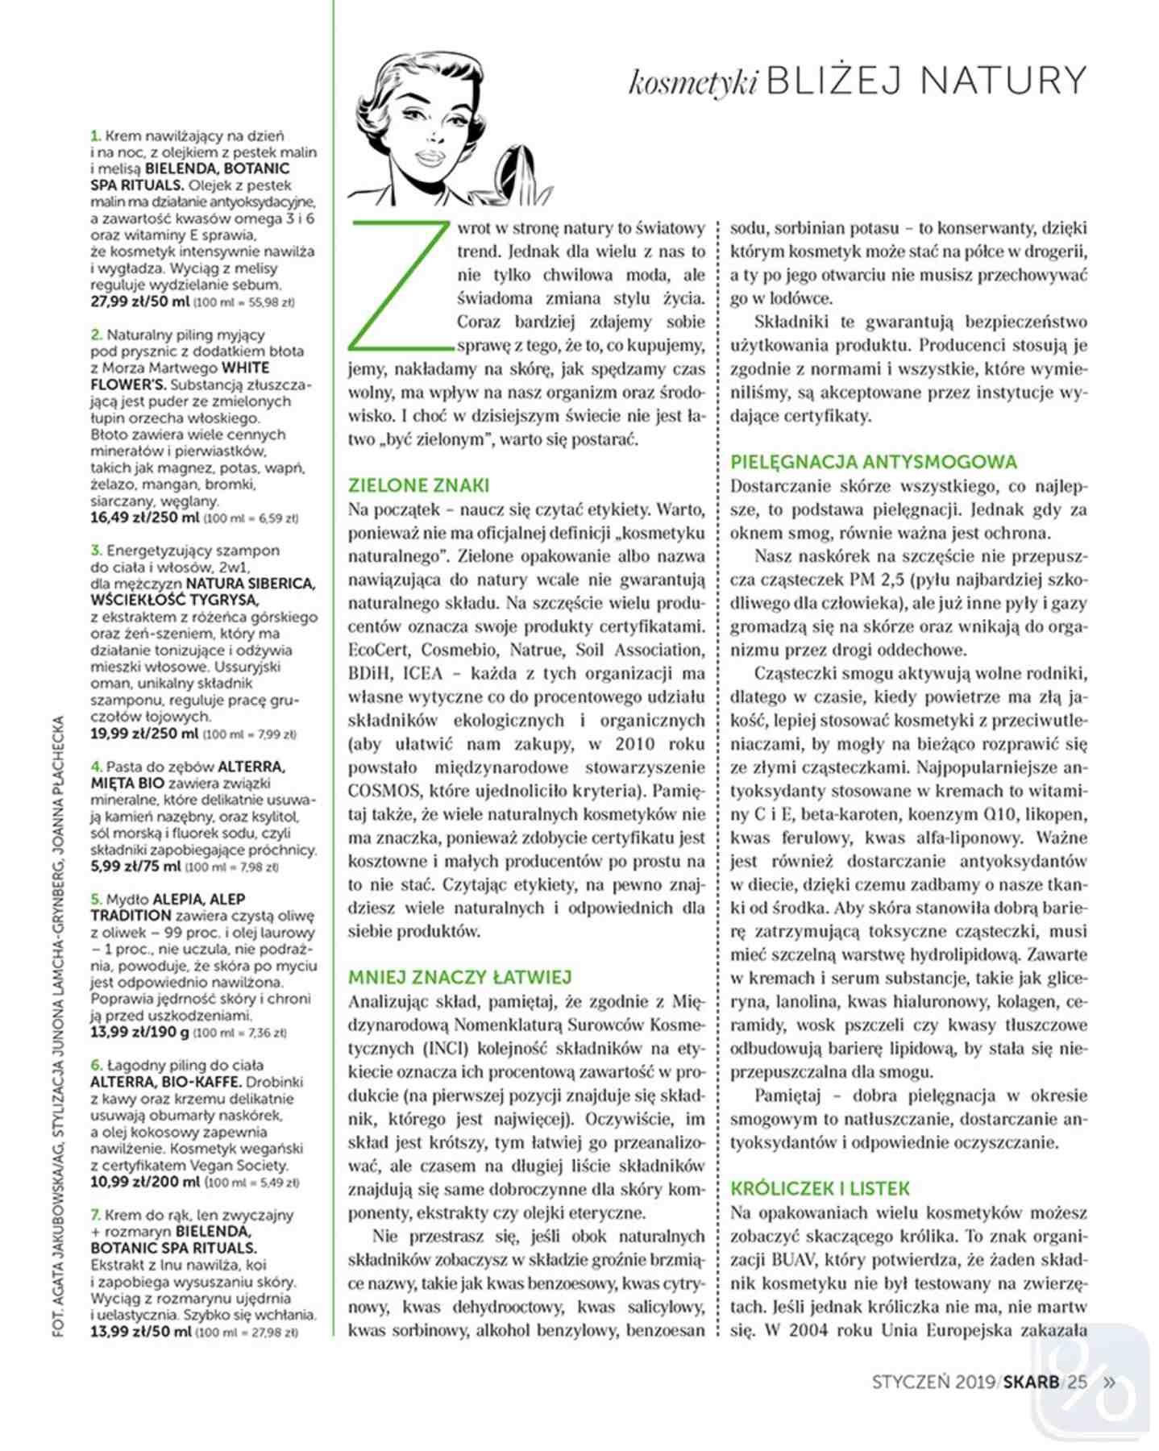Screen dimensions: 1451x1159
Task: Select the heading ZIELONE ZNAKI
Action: (418, 485)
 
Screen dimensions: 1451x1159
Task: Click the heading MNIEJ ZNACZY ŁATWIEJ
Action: (459, 977)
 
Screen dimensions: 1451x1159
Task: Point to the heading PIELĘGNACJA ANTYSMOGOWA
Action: (874, 462)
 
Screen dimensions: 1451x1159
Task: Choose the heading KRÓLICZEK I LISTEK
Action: (820, 1188)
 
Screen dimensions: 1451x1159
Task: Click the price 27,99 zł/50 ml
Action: (140, 302)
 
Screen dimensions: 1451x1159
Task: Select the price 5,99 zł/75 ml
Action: (135, 867)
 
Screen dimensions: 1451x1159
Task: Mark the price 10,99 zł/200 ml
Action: (144, 1182)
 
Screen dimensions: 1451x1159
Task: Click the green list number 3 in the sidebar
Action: (96, 551)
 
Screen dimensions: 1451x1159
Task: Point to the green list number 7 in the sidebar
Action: (96, 1215)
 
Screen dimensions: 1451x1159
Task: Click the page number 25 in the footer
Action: (1077, 1382)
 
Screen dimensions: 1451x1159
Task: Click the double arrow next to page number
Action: (1109, 1382)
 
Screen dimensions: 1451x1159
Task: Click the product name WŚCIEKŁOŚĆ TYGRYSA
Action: (175, 600)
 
